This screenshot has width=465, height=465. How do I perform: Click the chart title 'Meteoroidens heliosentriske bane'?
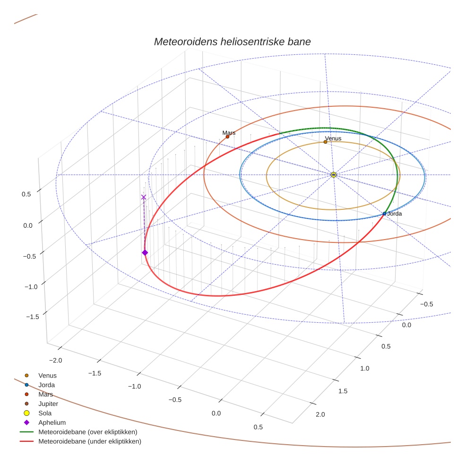tap(232, 42)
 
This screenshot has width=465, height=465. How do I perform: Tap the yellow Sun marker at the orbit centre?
tap(334, 175)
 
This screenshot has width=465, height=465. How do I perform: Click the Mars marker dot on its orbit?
tap(227, 137)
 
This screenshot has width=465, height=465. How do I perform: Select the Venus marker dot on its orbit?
tap(325, 142)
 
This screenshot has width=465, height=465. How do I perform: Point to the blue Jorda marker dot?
tap(384, 214)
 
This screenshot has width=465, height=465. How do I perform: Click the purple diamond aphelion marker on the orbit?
tap(145, 253)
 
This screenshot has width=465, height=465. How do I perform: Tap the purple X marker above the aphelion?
tap(144, 197)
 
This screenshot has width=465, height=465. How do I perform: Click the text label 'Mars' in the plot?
tap(229, 133)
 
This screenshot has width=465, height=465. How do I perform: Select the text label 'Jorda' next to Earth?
tap(395, 214)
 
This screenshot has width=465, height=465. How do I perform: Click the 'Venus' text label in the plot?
tap(333, 138)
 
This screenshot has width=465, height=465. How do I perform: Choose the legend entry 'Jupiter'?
tap(48, 404)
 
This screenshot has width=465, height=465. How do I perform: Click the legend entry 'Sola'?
tap(45, 413)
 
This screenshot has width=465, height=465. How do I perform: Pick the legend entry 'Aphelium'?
tap(52, 422)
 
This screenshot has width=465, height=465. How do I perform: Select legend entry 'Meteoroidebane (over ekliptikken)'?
tap(87, 432)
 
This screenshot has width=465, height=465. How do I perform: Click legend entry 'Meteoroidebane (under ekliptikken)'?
tap(89, 441)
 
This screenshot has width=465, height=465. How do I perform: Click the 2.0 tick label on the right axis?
tap(320, 414)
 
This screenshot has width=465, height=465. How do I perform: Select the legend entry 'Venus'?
tap(47, 375)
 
